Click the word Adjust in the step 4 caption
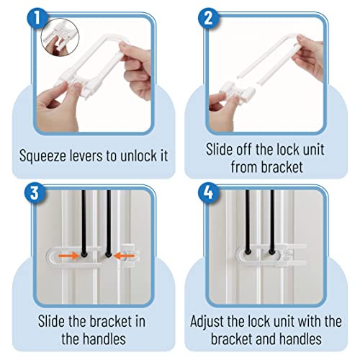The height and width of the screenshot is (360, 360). coord(214,319)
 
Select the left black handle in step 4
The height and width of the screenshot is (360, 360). coord(248,223)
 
